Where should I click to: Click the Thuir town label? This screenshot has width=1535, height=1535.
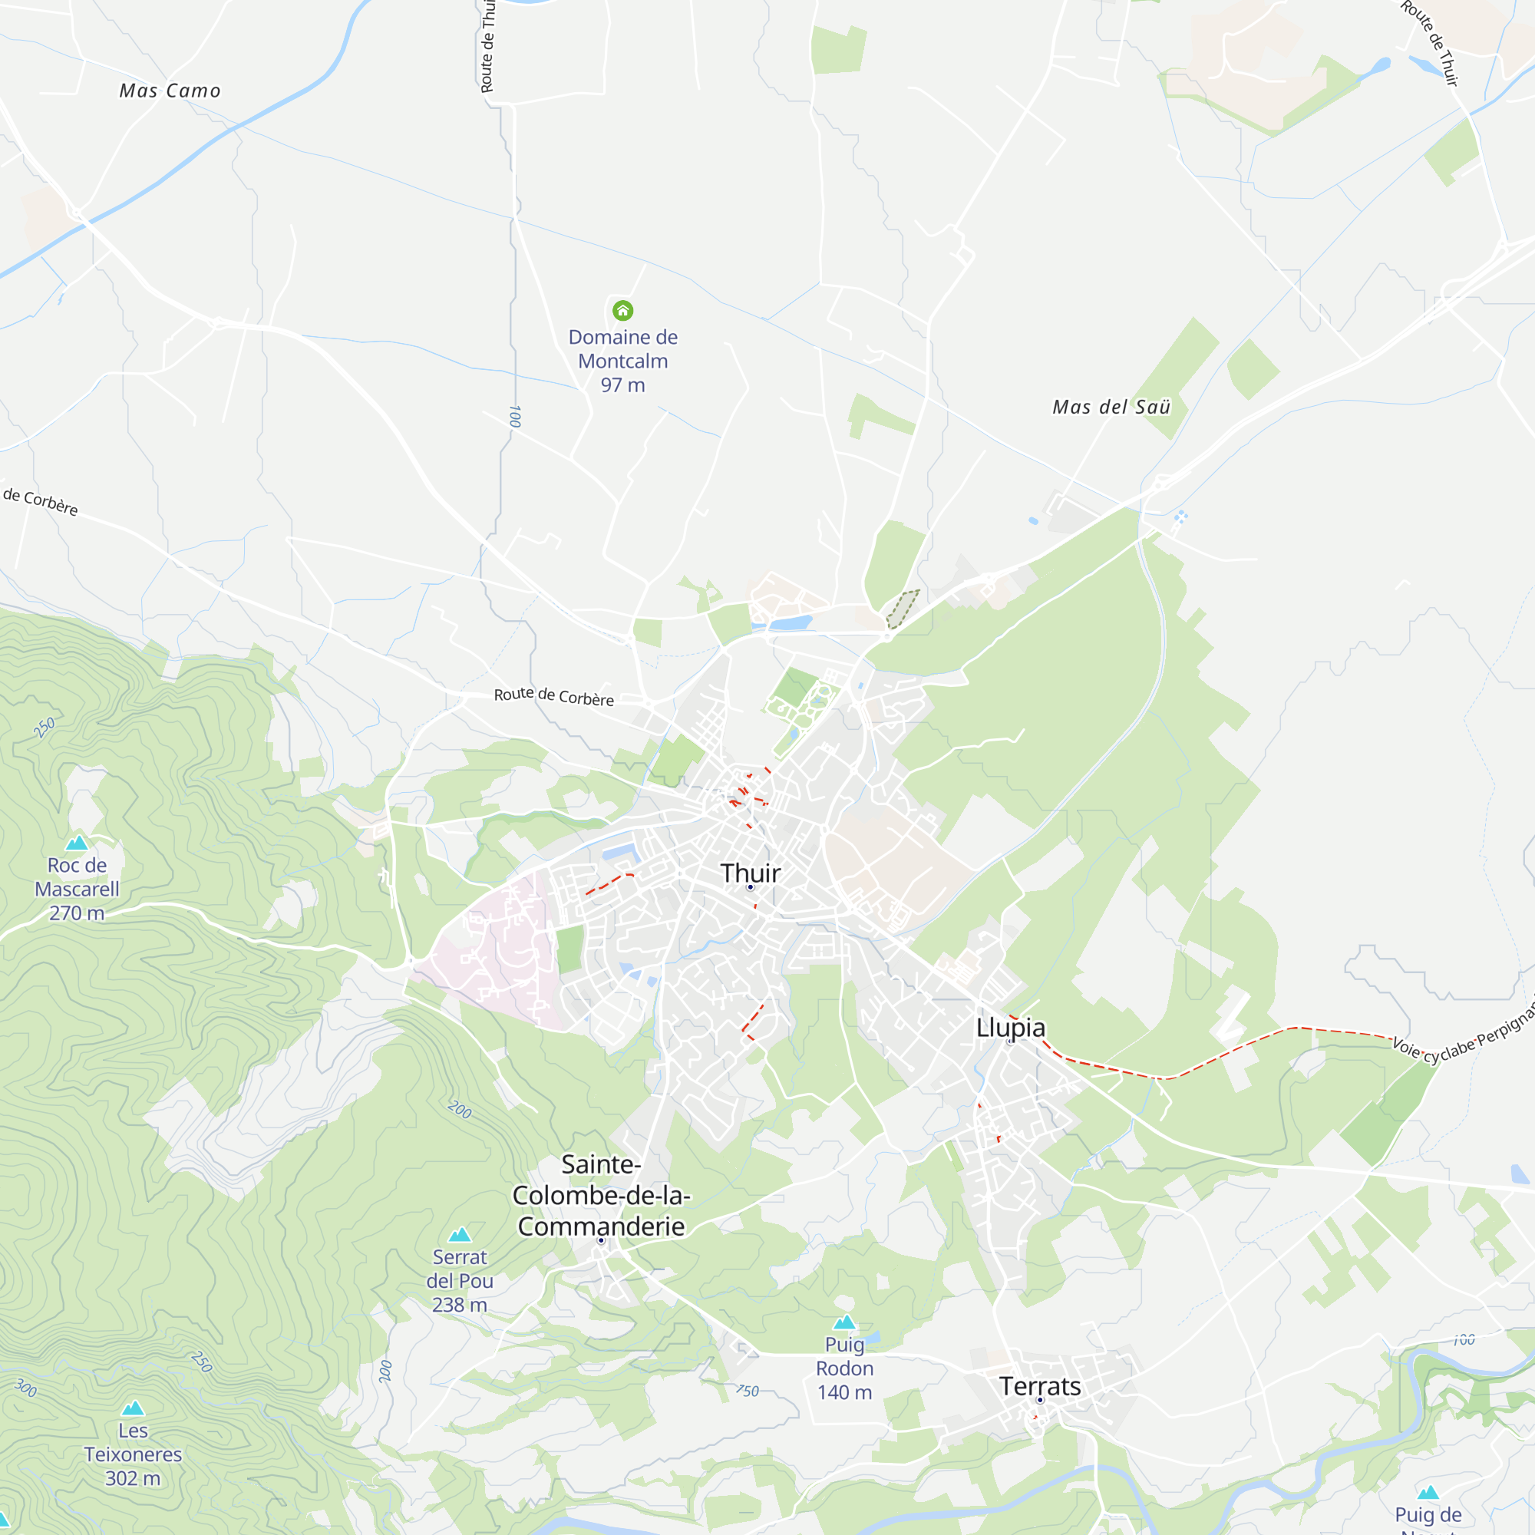tap(750, 873)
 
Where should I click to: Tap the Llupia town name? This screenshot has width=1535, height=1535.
tap(1010, 1028)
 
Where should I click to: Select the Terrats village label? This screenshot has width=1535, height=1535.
tap(1040, 1386)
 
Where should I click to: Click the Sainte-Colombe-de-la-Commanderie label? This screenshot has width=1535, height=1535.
tap(602, 1195)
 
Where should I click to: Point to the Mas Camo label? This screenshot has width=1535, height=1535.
tap(170, 91)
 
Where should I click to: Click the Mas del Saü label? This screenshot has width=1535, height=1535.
tap(1111, 407)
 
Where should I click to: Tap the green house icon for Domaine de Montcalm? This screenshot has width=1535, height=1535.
tap(623, 310)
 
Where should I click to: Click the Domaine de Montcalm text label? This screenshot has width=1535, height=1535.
tap(623, 361)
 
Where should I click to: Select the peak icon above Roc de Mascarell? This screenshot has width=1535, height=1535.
tap(77, 843)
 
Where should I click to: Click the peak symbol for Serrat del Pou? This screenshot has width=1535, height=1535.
tap(460, 1235)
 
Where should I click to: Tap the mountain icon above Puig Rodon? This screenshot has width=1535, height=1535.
tap(844, 1322)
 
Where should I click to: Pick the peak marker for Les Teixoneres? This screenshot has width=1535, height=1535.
tap(133, 1408)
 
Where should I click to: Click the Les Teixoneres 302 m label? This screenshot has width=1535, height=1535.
tap(133, 1454)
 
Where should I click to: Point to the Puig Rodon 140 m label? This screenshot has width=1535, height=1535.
tap(844, 1368)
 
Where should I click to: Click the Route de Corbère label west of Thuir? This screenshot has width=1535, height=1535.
tap(554, 696)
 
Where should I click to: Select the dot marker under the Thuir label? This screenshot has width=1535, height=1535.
tap(750, 886)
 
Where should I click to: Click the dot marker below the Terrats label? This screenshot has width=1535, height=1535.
tap(1040, 1400)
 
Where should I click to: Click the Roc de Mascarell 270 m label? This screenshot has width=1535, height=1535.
tap(77, 889)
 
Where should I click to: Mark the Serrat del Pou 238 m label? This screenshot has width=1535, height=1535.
tap(460, 1281)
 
